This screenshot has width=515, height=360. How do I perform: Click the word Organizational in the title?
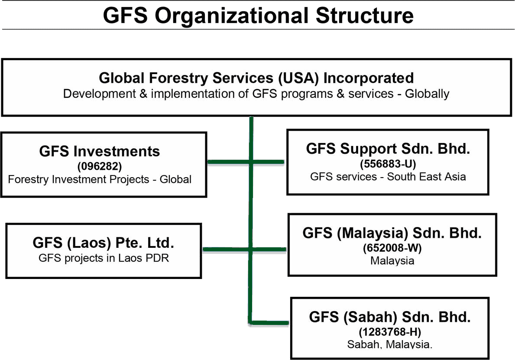click(232, 16)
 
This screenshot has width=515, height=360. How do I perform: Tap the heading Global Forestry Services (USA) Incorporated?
click(256, 78)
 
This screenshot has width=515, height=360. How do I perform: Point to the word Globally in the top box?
click(427, 94)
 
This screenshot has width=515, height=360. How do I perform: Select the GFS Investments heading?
click(100, 152)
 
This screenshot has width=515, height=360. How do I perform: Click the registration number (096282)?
click(100, 166)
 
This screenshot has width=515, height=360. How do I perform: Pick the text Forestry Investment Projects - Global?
click(100, 179)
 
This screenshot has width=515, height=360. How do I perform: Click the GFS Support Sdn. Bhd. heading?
click(388, 149)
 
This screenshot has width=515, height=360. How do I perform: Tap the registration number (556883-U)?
click(388, 164)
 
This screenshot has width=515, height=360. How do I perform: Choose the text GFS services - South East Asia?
click(388, 177)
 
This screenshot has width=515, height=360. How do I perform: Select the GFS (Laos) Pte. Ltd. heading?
click(103, 243)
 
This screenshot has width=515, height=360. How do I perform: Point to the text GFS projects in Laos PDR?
click(104, 258)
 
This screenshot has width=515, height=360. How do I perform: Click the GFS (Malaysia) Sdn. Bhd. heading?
click(392, 233)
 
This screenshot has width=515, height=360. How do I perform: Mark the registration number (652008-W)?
click(392, 248)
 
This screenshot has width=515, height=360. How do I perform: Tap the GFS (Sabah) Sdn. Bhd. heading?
click(390, 317)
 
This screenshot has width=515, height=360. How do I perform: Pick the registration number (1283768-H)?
click(390, 332)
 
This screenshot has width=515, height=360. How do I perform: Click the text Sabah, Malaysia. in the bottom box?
click(390, 344)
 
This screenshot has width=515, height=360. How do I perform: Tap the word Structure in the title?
click(365, 16)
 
